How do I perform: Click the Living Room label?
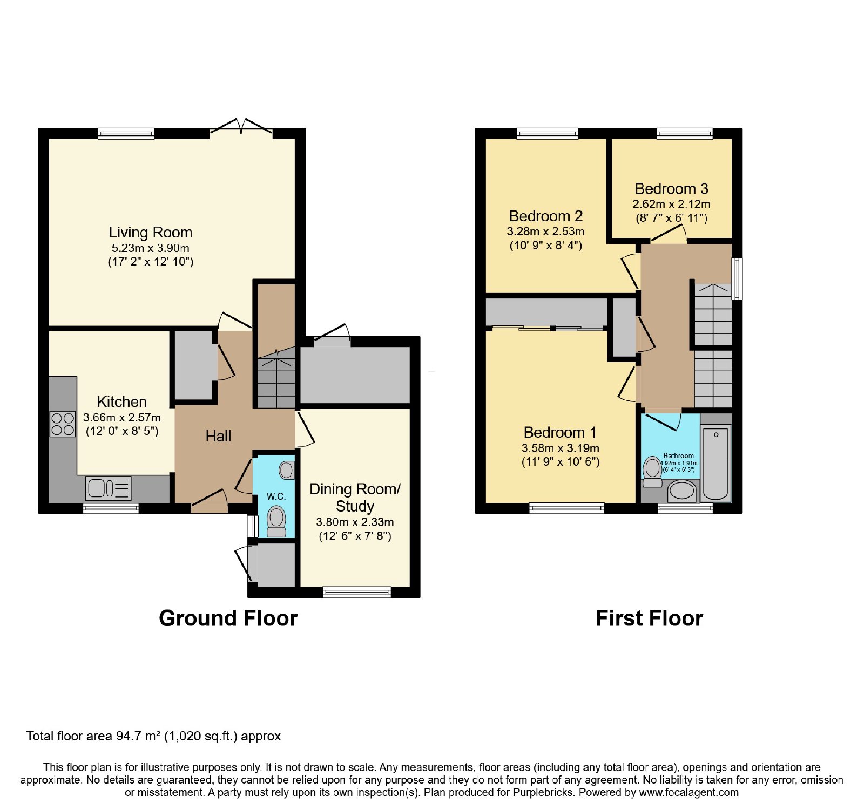(151, 233)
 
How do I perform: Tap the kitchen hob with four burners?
(63, 424)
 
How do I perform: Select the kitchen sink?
(108, 488)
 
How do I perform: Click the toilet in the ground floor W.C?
(276, 521)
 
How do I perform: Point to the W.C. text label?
(276, 496)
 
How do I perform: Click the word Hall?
(218, 436)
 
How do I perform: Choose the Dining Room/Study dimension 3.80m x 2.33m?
(355, 522)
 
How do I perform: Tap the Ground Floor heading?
(228, 618)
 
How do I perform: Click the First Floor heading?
(649, 618)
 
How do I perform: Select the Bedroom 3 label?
(671, 189)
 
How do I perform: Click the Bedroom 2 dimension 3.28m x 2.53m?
(545, 232)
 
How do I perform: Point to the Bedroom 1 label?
(560, 433)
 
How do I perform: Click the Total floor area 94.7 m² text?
(154, 736)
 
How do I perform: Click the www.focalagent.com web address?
(688, 793)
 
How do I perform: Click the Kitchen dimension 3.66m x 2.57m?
(122, 418)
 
